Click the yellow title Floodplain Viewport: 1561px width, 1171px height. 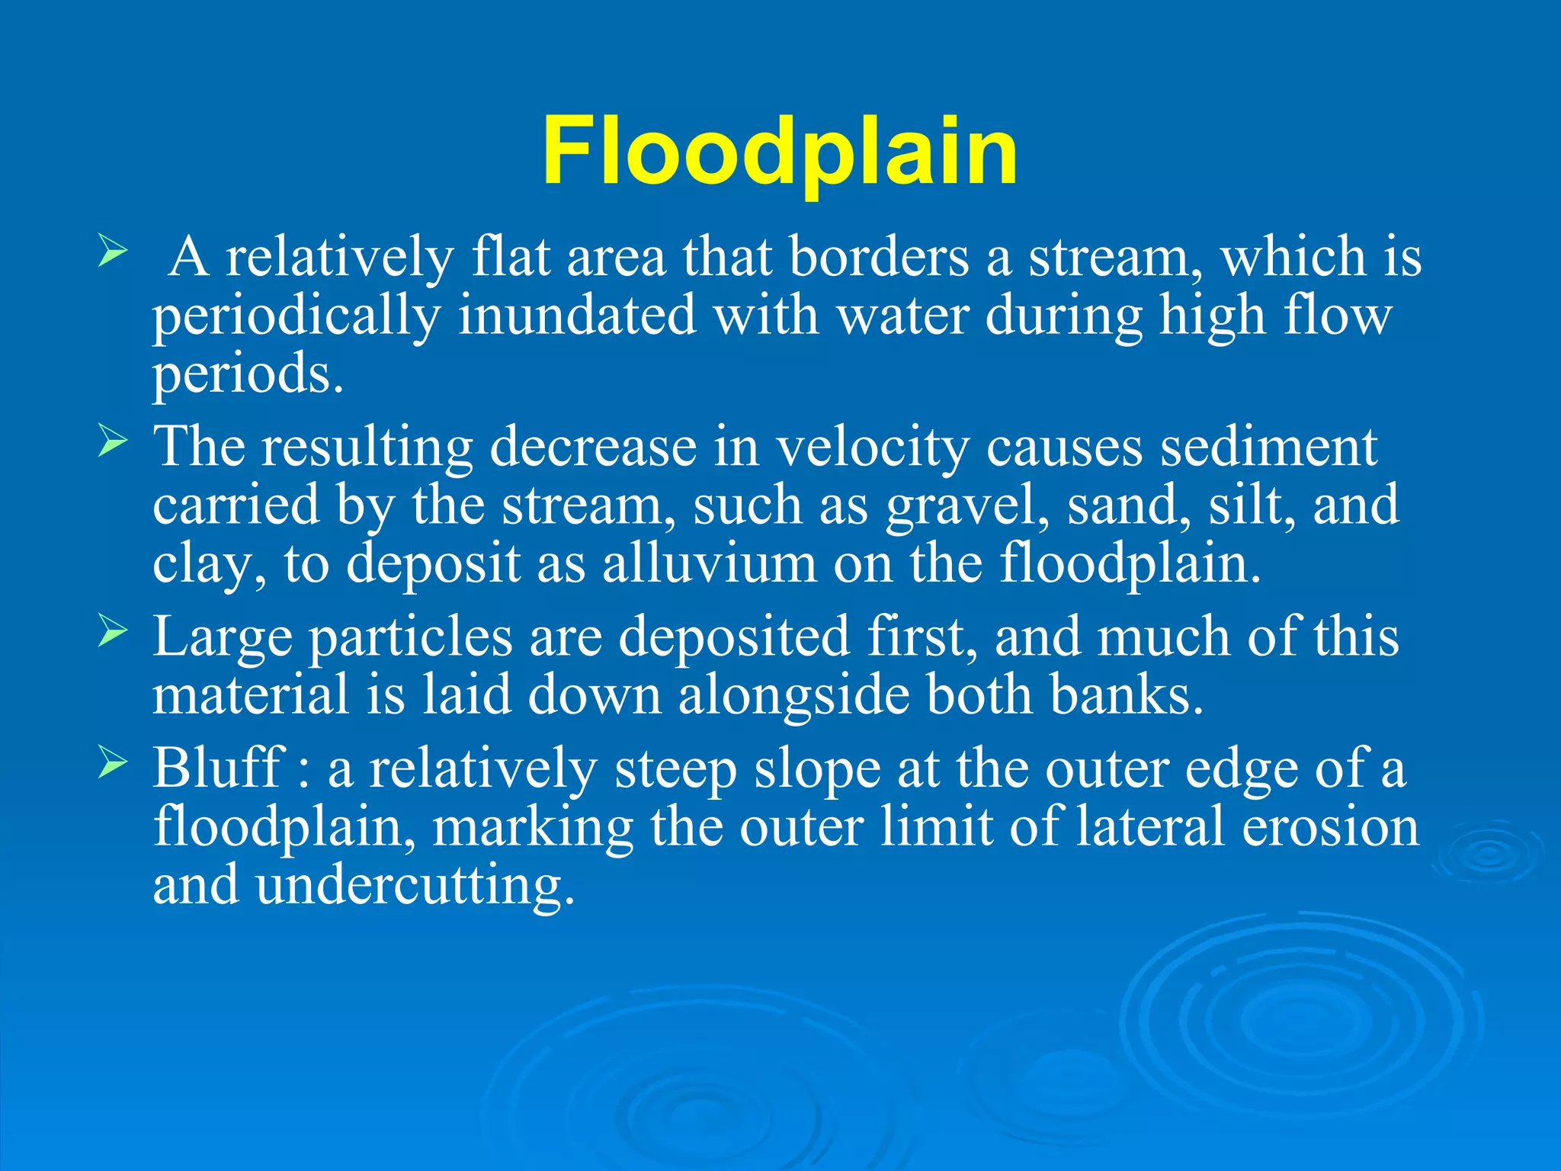click(x=780, y=152)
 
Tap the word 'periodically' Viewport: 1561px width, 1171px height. click(x=296, y=316)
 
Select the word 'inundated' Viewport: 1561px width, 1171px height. click(x=577, y=316)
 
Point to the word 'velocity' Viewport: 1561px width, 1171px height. click(x=872, y=448)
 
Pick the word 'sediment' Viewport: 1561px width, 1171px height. click(x=1268, y=448)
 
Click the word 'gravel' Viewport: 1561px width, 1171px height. click(x=967, y=506)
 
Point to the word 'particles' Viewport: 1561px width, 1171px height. click(x=410, y=637)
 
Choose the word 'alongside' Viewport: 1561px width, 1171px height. click(x=793, y=696)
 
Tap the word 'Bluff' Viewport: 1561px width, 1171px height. click(x=218, y=768)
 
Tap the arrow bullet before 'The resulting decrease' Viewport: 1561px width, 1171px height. click(x=112, y=442)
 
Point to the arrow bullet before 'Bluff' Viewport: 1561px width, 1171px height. click(x=112, y=763)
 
